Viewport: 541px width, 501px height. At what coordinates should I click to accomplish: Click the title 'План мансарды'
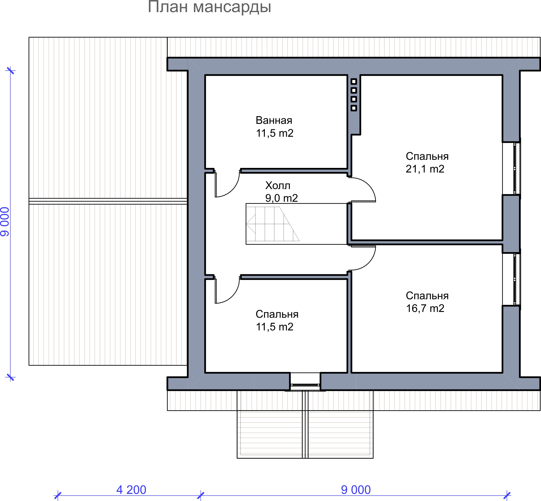pyautogui.click(x=210, y=7)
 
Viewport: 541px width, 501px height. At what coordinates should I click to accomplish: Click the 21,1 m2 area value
pyautogui.click(x=425, y=169)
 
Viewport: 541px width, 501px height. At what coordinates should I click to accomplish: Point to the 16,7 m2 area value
pyautogui.click(x=425, y=308)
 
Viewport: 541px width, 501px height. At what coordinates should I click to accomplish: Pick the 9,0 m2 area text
pyautogui.click(x=281, y=198)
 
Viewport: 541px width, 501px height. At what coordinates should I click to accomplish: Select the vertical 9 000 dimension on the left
pyautogui.click(x=5, y=222)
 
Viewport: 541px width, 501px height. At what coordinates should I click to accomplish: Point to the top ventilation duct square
pyautogui.click(x=354, y=82)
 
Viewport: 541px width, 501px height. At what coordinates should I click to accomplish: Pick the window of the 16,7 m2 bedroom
pyautogui.click(x=517, y=279)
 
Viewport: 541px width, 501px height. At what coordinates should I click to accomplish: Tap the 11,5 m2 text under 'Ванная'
pyautogui.click(x=275, y=133)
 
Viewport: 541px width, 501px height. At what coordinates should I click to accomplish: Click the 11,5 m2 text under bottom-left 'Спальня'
pyautogui.click(x=275, y=327)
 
